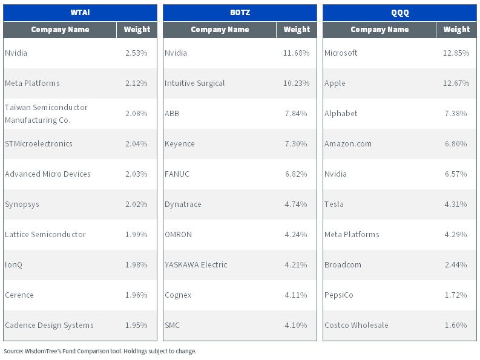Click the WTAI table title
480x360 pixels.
click(81, 13)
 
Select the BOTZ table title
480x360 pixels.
click(240, 13)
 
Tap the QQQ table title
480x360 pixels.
click(399, 13)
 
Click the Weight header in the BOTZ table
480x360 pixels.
click(297, 30)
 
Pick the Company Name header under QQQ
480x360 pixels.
click(380, 30)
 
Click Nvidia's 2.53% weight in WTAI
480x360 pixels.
click(136, 53)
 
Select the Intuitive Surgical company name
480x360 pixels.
click(195, 83)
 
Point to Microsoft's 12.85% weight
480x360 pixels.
click(456, 53)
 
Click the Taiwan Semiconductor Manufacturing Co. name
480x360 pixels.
click(46, 114)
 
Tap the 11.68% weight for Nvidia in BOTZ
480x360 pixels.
click(297, 53)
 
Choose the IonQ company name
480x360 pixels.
click(13, 265)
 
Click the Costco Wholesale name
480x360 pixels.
click(357, 325)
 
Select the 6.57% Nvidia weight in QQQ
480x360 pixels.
click(456, 174)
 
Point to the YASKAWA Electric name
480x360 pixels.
click(196, 265)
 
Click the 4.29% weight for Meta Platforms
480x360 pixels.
click(456, 235)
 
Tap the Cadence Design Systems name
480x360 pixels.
click(49, 326)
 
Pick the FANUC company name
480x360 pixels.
click(177, 174)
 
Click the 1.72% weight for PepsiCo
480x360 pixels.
click(456, 295)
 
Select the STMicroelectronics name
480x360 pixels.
click(39, 143)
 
